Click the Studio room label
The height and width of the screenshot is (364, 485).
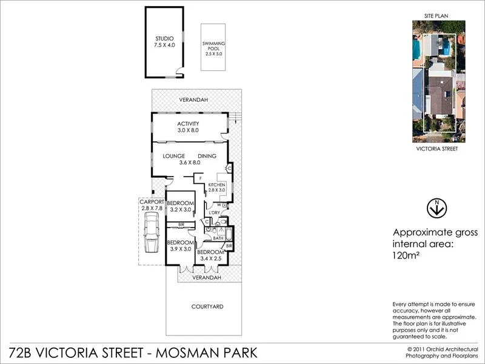tap(164, 41)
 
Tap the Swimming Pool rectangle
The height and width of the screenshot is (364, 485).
tap(213, 49)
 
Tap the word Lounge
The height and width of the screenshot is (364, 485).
tap(173, 156)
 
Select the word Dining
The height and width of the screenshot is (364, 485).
tap(207, 156)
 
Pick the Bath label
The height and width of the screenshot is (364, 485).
tap(218, 238)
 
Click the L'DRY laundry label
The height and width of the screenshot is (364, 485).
tap(213, 213)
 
